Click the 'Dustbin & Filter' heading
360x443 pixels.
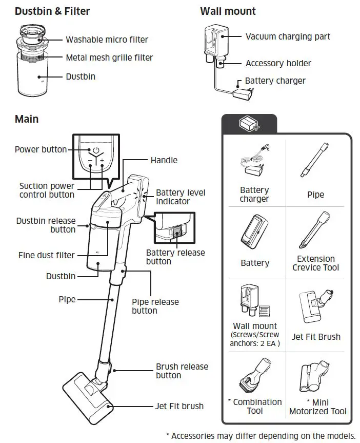coord(52,11)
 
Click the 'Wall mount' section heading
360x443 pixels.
coord(228,11)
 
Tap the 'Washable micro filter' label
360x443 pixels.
coord(107,40)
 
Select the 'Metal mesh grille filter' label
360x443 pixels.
coord(109,57)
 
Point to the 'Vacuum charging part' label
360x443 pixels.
coord(288,36)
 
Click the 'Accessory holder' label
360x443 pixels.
coord(278,63)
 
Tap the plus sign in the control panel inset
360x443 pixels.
coord(102,161)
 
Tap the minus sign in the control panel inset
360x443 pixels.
coord(89,161)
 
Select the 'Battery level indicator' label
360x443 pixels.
coord(181,197)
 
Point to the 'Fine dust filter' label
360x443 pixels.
coord(47,255)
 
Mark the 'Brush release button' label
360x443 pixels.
coord(182,371)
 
